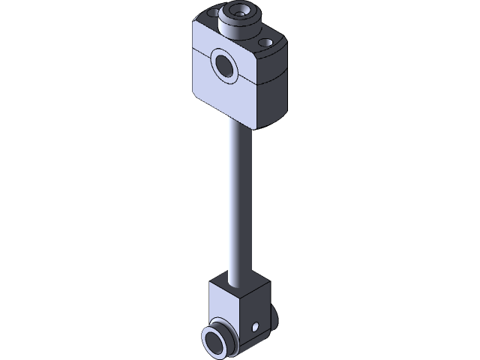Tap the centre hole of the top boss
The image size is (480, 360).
(x=241, y=11)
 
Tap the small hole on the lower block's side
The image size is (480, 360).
(x=255, y=327)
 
